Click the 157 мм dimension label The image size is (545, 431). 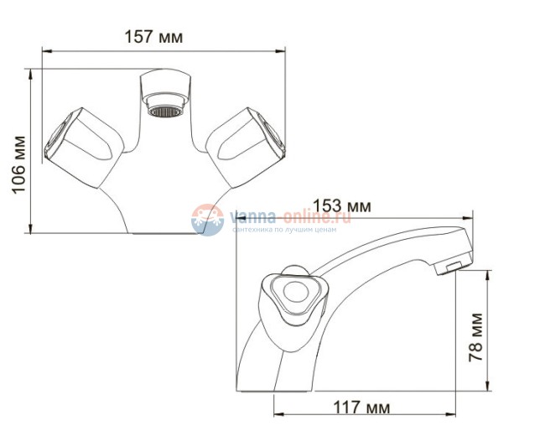click(x=153, y=37)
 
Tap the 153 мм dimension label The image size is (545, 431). click(x=342, y=205)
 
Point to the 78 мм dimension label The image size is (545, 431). click(x=477, y=335)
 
